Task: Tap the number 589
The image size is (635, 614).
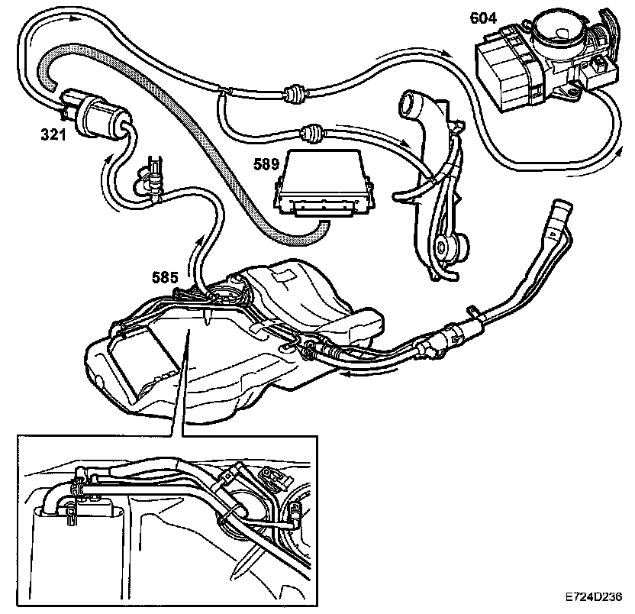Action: coord(268,163)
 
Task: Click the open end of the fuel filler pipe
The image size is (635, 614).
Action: coord(561,205)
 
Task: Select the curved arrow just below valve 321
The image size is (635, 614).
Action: coord(105,179)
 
